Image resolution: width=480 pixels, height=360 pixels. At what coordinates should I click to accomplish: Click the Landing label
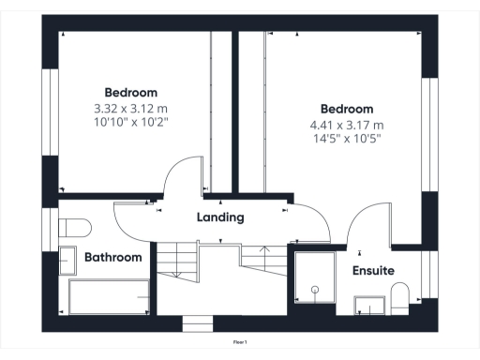220,217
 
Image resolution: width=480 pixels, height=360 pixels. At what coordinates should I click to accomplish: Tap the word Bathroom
113,257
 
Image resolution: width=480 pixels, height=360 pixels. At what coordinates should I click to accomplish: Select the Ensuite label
373,271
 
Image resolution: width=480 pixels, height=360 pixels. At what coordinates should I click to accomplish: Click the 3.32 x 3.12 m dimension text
131,109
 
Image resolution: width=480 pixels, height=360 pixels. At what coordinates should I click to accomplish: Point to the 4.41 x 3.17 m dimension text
347,125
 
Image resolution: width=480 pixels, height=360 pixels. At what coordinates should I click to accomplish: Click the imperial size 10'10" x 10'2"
131,123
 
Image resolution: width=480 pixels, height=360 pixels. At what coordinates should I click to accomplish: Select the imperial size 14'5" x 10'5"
347,139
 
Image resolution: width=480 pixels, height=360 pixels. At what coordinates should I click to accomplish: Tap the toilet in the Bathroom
73,227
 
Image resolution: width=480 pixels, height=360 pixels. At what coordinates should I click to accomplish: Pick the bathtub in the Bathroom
107,296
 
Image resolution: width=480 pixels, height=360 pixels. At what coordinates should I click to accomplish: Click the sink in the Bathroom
67,260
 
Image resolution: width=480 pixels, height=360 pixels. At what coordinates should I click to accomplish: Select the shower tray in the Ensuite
314,277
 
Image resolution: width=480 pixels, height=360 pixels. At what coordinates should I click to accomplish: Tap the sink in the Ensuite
369,305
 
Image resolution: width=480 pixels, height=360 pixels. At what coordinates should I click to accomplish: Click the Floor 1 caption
240,343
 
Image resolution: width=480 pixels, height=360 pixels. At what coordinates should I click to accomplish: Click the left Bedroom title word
131,93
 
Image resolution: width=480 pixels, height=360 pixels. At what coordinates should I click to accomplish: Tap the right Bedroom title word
347,109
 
